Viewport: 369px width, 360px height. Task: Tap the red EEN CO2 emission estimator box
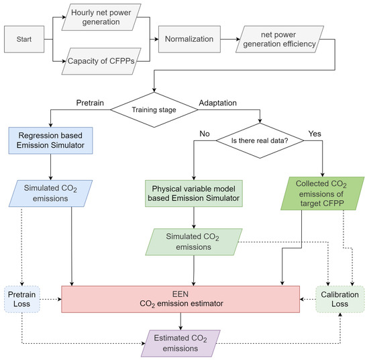(x=180, y=298)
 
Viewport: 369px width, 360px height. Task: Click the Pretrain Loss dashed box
(x=24, y=298)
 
